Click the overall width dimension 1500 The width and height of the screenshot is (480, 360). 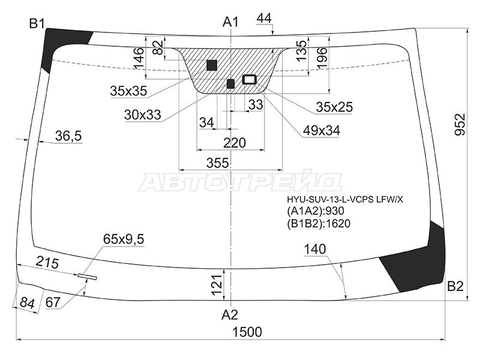247,332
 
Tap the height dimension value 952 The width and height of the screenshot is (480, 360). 460,124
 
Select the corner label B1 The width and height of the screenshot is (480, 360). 37,23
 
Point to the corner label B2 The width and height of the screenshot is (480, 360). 455,286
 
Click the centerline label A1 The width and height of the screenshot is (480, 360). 230,22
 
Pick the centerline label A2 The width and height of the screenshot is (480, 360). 230,314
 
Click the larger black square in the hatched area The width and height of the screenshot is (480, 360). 212,65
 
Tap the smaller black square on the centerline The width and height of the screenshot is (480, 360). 230,83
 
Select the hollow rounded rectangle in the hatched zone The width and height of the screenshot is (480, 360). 249,79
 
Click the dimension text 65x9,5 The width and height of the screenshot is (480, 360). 124,239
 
